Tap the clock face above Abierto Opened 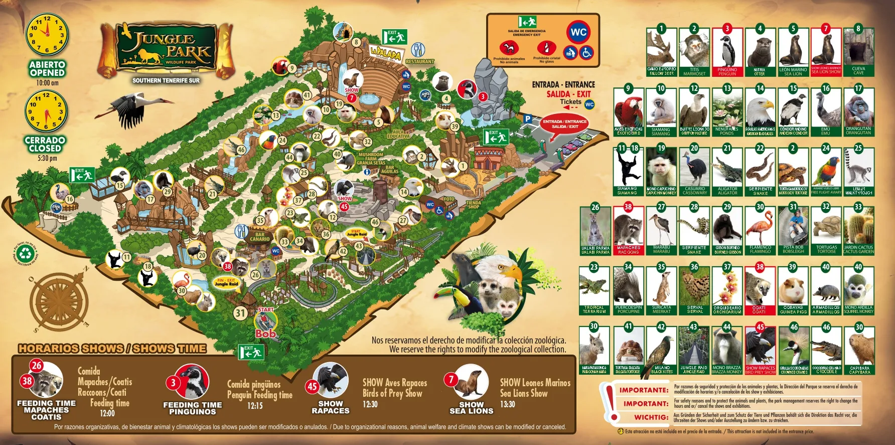click(47, 34)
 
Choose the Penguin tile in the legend click(727, 51)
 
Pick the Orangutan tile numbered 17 click(858, 112)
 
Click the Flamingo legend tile click(760, 230)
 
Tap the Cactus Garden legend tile click(858, 230)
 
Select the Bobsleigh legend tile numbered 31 click(793, 230)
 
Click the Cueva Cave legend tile click(858, 51)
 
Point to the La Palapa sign click(385, 53)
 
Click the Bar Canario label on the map click(260, 237)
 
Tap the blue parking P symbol click(527, 119)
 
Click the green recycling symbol click(25, 253)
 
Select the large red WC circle click(578, 32)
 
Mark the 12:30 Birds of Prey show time click(370, 404)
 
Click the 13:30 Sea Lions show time click(507, 404)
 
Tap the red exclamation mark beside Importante click(610, 402)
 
